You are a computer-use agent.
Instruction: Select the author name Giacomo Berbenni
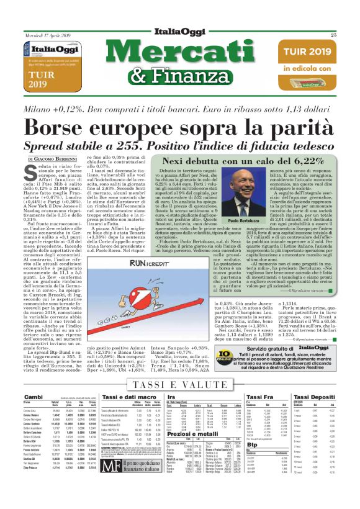click(x=63, y=160)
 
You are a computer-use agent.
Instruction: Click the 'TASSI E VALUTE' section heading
click(x=179, y=384)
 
